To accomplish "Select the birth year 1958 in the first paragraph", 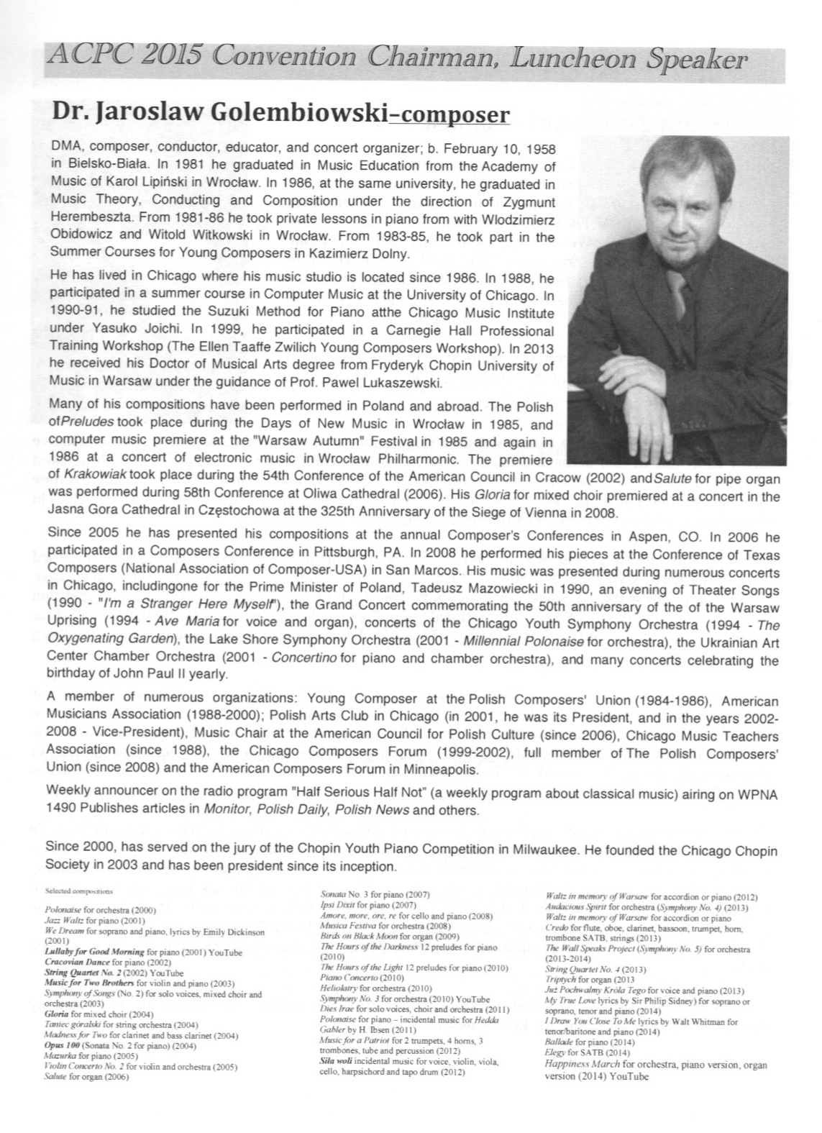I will click(x=539, y=150).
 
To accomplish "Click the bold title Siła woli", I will click(x=340, y=1062).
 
